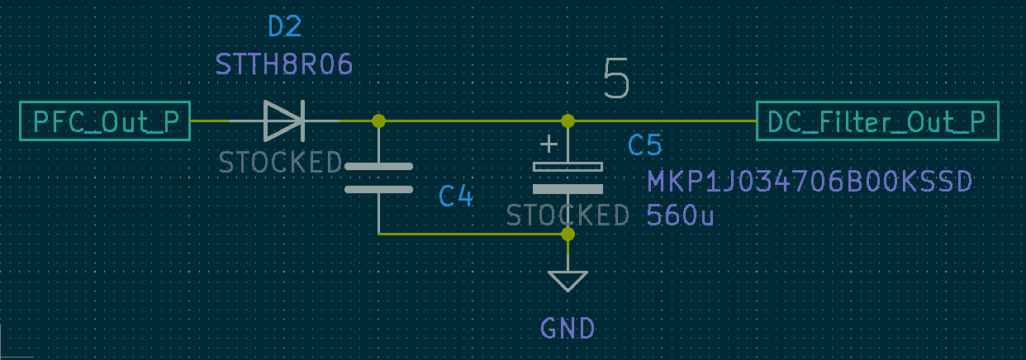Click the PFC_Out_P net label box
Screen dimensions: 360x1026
click(x=105, y=121)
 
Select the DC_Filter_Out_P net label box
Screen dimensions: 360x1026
click(x=876, y=121)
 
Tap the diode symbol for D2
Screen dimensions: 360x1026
click(x=283, y=121)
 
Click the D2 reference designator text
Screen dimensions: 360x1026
click(x=285, y=27)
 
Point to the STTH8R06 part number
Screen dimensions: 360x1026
click(x=284, y=64)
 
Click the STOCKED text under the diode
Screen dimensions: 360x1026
click(x=280, y=163)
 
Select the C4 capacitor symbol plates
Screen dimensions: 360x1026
click(x=378, y=178)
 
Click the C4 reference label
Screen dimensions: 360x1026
click(x=455, y=197)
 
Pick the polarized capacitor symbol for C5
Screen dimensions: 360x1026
click(x=568, y=178)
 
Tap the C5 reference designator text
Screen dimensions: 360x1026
click(x=644, y=146)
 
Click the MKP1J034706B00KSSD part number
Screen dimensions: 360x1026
click(x=809, y=182)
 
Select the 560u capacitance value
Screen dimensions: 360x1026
click(x=680, y=216)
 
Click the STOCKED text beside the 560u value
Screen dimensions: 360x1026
click(x=568, y=216)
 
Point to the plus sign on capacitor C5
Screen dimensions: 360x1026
click(x=548, y=146)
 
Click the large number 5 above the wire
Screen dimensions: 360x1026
click(x=616, y=79)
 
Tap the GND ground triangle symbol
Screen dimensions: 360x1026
click(x=568, y=281)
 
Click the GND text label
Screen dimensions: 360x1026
click(x=568, y=329)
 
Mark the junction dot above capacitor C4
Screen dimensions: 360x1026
click(x=378, y=121)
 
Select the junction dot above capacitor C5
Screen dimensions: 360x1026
click(x=568, y=121)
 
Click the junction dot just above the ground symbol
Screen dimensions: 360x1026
click(x=568, y=234)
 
